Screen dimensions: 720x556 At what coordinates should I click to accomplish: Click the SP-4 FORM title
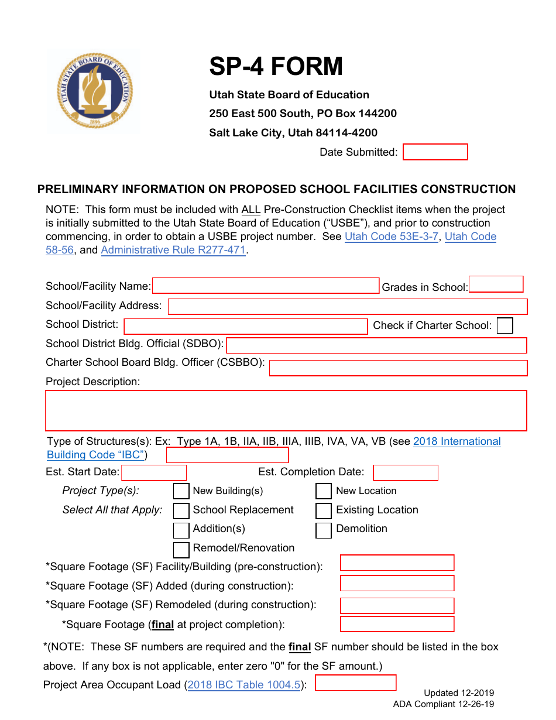pos(276,66)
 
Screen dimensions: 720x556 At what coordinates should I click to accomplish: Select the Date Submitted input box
pos(435,152)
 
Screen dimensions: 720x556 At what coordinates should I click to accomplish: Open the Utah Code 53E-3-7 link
pos(391,236)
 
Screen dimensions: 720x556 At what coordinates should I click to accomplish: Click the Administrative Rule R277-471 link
pos(173,250)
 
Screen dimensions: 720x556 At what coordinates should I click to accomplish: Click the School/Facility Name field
pos(266,286)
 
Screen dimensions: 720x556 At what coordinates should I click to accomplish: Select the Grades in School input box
pos(496,284)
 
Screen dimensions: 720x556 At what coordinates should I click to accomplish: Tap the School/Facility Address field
pos(347,306)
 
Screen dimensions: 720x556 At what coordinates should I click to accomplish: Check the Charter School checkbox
pos(504,325)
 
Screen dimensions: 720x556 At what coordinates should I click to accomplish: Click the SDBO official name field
pos(376,345)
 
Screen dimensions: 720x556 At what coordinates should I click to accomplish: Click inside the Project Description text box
pos(286,410)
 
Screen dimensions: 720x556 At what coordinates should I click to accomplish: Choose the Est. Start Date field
pos(153,472)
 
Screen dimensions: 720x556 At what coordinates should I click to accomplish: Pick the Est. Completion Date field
pos(405,472)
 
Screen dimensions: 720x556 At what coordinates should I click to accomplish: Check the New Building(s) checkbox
pos(181,491)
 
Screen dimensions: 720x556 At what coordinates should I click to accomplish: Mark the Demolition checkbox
pos(324,530)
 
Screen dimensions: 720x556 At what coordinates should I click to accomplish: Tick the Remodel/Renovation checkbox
pos(181,549)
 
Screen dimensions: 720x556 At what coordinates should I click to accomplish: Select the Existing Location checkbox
pos(324,510)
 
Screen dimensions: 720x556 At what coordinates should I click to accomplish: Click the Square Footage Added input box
pos(397,583)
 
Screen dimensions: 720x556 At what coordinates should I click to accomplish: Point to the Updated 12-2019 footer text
pos(459,692)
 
